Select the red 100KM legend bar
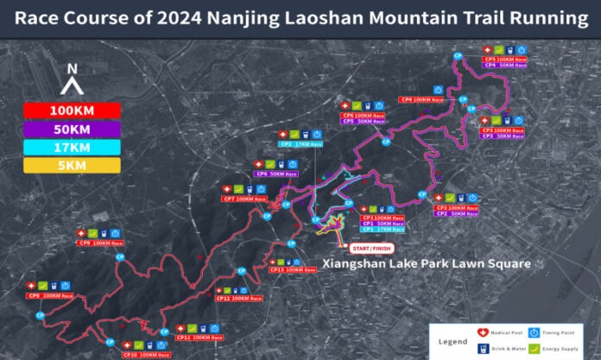(x=72, y=111)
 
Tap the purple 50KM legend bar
(x=72, y=129)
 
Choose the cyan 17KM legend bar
(x=72, y=147)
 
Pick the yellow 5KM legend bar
(x=72, y=165)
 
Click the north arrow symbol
(x=73, y=81)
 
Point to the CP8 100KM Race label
(x=101, y=243)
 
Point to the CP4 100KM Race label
(x=421, y=99)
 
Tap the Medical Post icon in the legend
(x=483, y=332)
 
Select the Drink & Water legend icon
(x=483, y=347)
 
